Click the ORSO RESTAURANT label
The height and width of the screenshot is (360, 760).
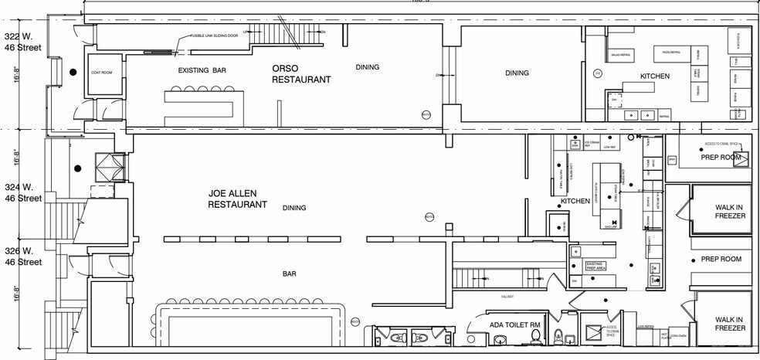point(301,73)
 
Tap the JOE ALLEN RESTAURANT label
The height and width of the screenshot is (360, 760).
point(238,199)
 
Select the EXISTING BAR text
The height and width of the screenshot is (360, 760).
point(202,70)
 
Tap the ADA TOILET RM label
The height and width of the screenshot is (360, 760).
point(514,324)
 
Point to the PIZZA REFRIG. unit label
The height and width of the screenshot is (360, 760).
point(670,52)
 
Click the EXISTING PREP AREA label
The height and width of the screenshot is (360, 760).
point(595,266)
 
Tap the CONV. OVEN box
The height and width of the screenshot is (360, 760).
point(677,336)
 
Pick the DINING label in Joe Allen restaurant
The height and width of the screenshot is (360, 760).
point(294,207)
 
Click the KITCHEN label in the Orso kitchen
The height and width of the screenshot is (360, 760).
point(654,76)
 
